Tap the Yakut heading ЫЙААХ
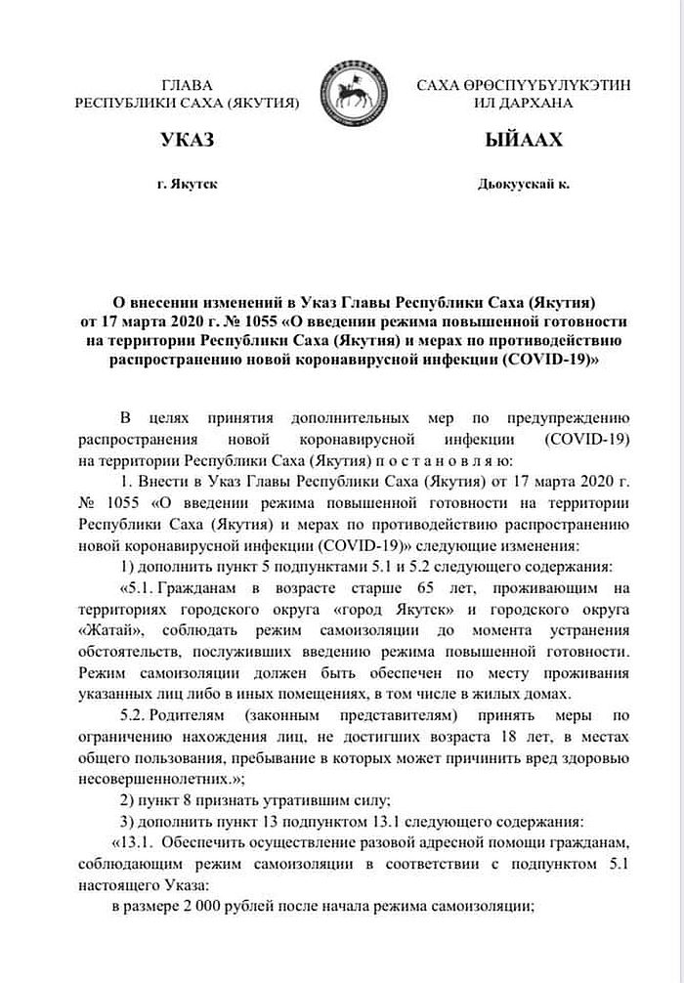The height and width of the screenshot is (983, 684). [523, 142]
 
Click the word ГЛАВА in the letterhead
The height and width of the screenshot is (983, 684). [186, 86]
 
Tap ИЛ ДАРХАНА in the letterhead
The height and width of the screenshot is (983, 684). [523, 103]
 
